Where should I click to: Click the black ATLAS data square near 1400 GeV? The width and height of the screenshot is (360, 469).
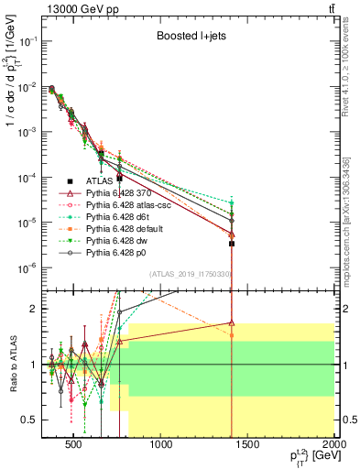(x=233, y=244)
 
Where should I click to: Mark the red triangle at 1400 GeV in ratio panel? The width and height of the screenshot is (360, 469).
(x=233, y=322)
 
